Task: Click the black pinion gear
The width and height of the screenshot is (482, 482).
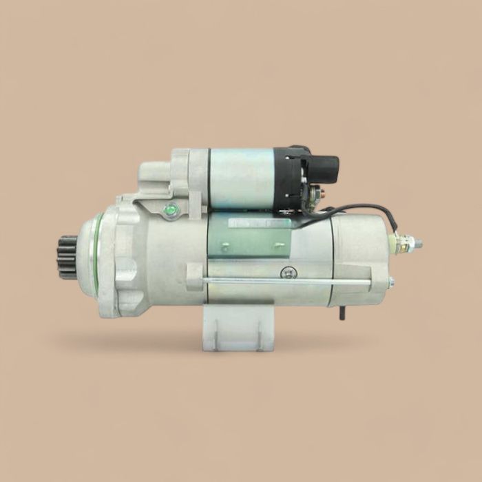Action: coord(67,256)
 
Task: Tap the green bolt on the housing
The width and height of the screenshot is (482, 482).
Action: coord(171,209)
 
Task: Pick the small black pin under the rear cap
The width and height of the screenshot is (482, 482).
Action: coord(342,314)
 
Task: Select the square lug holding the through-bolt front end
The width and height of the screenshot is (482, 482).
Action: coord(196,278)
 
